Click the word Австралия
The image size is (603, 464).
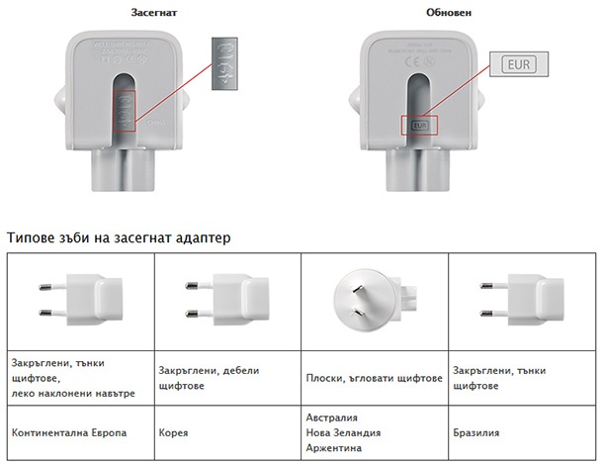tap(334, 418)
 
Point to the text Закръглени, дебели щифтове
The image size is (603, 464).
tap(209, 378)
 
